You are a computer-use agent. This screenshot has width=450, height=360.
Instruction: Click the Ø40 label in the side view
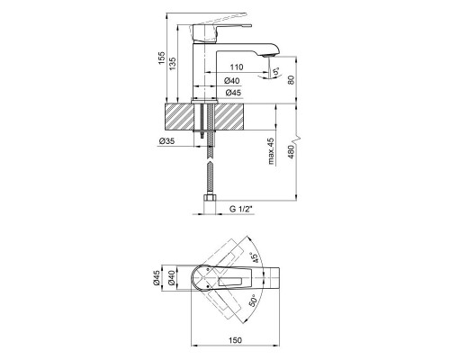pos(231,82)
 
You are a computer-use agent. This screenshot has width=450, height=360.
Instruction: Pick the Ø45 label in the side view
pos(231,93)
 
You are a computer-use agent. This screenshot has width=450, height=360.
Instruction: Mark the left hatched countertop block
pos(184,117)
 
